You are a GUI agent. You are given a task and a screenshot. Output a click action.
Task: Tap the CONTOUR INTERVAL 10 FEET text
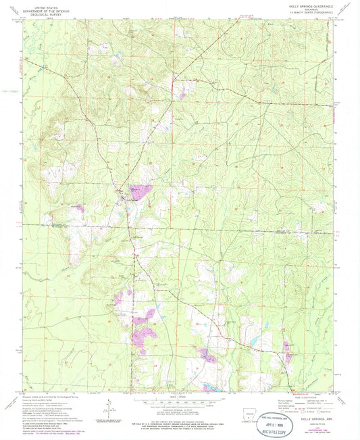click(180, 410)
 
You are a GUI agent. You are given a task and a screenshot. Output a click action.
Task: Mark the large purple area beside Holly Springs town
click(140, 192)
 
